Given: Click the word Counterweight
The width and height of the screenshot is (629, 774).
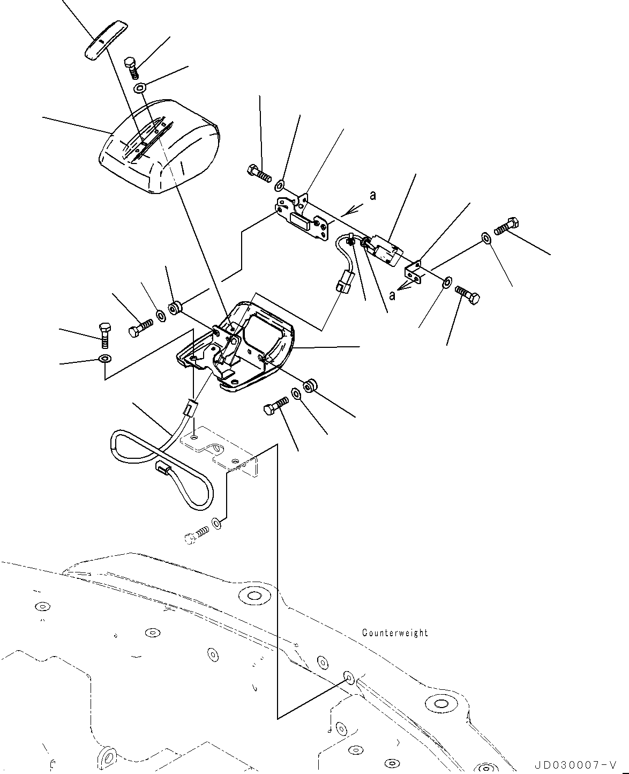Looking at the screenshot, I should [395, 633].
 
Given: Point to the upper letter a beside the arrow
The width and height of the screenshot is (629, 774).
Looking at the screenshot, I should [373, 196].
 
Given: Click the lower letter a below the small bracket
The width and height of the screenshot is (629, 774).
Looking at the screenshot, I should [392, 295].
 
